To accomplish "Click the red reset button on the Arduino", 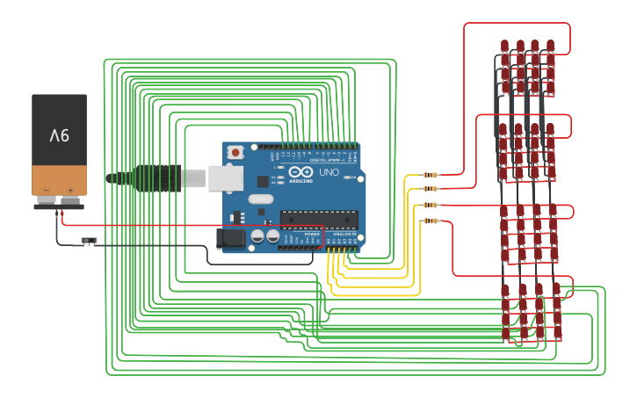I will click(x=235, y=152).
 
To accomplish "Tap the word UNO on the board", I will click(x=328, y=173).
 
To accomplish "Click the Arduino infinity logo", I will click(x=300, y=172).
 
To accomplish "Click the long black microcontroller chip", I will click(x=318, y=219).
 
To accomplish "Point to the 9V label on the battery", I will click(x=59, y=135).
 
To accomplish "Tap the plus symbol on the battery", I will click(x=70, y=190).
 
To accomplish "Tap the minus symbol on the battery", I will click(x=47, y=190).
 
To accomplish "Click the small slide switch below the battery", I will click(x=89, y=240).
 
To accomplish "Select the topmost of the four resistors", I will click(x=430, y=175).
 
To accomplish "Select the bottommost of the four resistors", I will click(x=430, y=221).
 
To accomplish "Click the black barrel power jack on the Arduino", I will click(x=230, y=237).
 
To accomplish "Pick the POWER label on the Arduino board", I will click(x=312, y=235).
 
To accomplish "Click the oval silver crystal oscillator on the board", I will click(x=260, y=199).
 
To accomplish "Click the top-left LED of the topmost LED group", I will click(x=504, y=46).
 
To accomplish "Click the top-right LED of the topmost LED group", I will click(x=550, y=46).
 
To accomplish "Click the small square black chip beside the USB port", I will click(x=262, y=181).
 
